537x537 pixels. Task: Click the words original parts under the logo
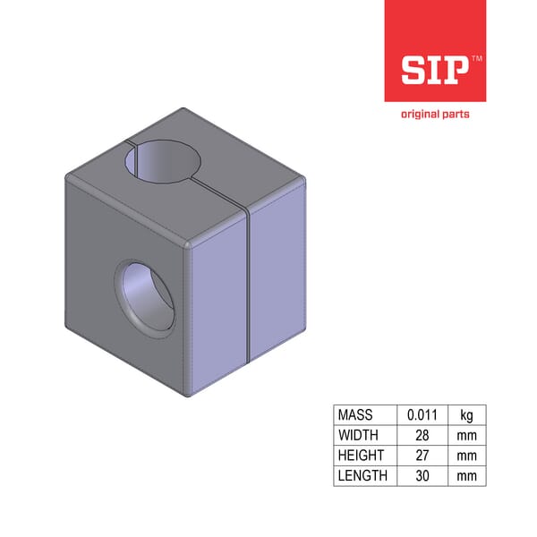tap(435, 115)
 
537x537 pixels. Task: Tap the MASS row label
tap(356, 415)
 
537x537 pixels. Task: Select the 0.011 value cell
tap(421, 415)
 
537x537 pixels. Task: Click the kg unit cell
tap(466, 415)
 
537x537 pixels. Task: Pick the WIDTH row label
tap(358, 435)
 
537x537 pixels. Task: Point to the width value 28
tap(421, 435)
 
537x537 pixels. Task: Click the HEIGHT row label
tap(361, 456)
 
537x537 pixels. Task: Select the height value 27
tap(421, 456)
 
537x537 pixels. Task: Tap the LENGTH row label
tap(362, 475)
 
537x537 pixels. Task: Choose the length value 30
tap(421, 475)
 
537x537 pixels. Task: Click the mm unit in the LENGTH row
tap(466, 475)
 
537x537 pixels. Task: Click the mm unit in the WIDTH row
tap(466, 435)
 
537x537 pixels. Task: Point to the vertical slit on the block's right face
tap(245, 295)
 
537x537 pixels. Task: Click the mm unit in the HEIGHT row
tap(466, 456)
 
